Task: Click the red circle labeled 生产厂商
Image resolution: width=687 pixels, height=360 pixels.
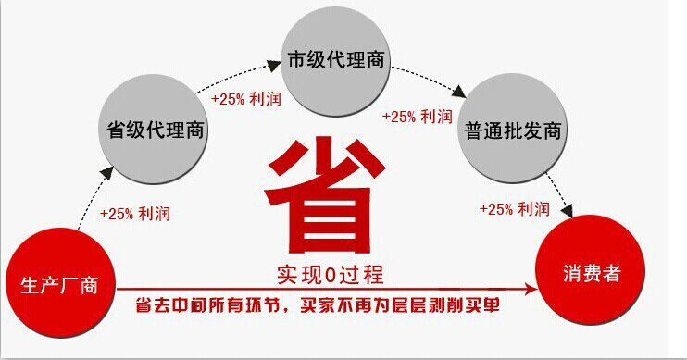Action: pyautogui.click(x=60, y=283)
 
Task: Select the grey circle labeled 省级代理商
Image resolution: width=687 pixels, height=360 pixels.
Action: pyautogui.click(x=154, y=130)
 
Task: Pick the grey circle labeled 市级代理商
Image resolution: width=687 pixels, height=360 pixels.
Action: pyautogui.click(x=335, y=61)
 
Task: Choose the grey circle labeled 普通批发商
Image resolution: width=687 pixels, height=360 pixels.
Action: pyautogui.click(x=513, y=129)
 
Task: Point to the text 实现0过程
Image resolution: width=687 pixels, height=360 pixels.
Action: pyautogui.click(x=331, y=275)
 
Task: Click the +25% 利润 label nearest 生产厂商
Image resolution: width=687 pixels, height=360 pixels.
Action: pyautogui.click(x=135, y=214)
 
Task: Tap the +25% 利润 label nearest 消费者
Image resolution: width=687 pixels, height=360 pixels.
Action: pyautogui.click(x=515, y=209)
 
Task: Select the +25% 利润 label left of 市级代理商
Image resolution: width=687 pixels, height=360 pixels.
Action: pyautogui.click(x=245, y=99)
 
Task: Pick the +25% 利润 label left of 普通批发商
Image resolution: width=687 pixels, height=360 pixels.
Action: pyautogui.click(x=417, y=117)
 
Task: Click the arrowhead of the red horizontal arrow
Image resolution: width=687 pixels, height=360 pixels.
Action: pyautogui.click(x=531, y=289)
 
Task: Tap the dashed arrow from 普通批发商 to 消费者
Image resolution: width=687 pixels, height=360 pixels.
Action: pyautogui.click(x=562, y=195)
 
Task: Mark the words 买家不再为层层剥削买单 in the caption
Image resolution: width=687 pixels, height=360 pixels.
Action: pyautogui.click(x=400, y=305)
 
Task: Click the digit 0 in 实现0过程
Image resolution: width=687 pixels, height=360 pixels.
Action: pyautogui.click(x=331, y=276)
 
